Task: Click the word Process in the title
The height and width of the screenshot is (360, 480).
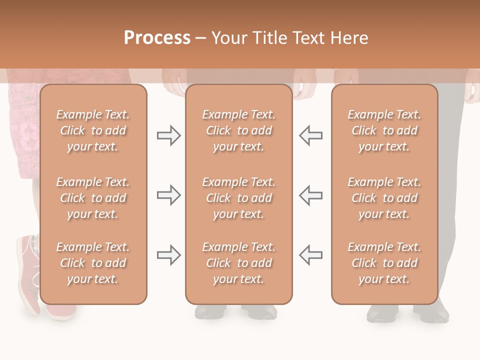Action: coord(157,38)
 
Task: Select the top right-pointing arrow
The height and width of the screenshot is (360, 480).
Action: coord(168,136)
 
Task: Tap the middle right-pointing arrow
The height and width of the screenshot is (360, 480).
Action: coord(168,195)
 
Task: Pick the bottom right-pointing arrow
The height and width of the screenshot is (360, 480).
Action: coord(168,255)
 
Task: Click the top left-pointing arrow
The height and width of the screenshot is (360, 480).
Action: coord(310,136)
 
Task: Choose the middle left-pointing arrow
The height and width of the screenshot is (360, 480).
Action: coord(310,195)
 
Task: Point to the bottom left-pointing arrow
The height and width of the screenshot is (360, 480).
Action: coord(310,255)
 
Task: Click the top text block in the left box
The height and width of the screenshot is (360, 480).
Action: coord(93,130)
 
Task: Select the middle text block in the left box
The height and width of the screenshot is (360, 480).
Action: coord(93,198)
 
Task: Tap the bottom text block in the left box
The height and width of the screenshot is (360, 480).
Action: coord(93,263)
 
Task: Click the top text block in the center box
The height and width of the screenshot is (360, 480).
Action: coord(238,130)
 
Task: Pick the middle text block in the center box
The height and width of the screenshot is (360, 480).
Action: coord(238,198)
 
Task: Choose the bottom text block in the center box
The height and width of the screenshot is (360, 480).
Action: coord(238,263)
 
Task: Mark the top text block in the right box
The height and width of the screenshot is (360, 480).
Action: coord(384,130)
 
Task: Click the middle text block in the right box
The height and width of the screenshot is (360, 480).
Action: coord(384,198)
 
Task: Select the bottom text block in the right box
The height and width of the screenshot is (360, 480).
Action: coord(384,263)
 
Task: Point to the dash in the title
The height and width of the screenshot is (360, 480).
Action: coord(201,38)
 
